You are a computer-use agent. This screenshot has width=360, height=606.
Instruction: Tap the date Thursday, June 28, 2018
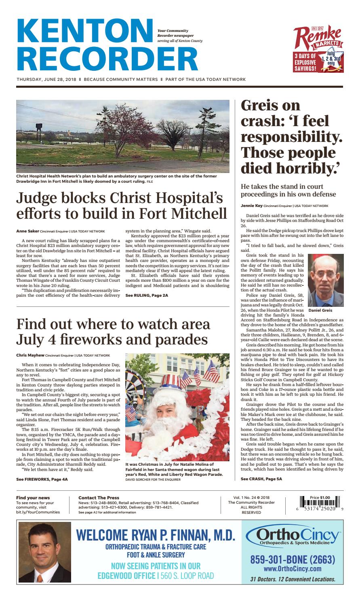(46, 79)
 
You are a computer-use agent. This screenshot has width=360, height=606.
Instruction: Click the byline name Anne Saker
(27, 232)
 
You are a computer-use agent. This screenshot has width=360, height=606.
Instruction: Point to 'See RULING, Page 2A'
(147, 296)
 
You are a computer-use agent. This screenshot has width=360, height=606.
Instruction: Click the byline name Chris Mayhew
(29, 355)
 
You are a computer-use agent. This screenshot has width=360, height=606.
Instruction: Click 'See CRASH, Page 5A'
(261, 479)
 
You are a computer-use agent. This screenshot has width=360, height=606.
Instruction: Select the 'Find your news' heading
(33, 498)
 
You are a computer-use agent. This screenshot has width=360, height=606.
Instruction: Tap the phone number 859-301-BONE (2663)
(293, 560)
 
